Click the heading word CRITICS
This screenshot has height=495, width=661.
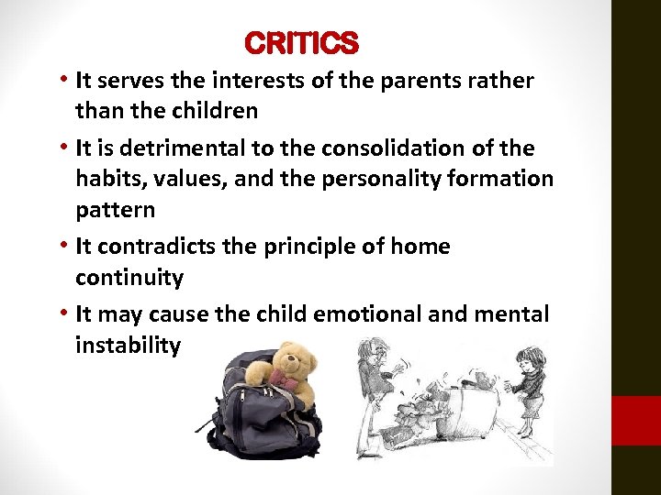coord(302,43)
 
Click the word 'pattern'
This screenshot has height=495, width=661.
coord(115,210)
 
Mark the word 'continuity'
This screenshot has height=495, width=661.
coord(129,278)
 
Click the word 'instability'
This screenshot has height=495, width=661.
coord(129,346)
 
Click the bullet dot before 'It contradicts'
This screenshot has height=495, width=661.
coord(64,247)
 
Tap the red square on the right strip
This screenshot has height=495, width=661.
coord(636,421)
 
